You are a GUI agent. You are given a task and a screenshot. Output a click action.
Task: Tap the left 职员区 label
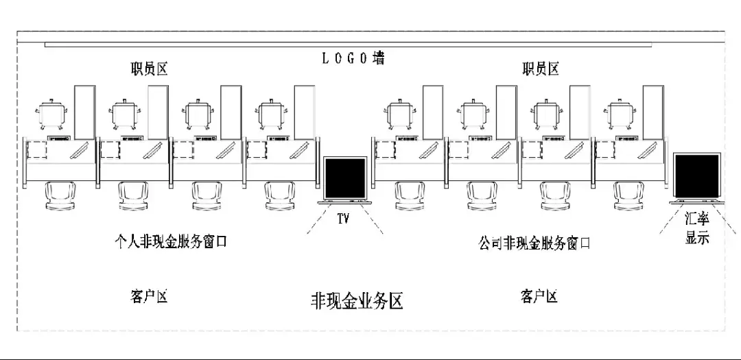(x=150, y=69)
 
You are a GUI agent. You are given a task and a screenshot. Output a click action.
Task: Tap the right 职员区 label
(x=540, y=69)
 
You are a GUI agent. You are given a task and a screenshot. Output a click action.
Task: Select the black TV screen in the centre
(x=345, y=179)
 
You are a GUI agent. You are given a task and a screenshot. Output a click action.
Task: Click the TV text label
(x=343, y=219)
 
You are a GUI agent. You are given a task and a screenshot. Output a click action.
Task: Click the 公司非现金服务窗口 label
(x=534, y=243)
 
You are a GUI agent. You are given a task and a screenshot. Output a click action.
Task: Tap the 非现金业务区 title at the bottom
(x=356, y=301)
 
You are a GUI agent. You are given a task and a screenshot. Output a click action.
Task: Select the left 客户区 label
(x=148, y=296)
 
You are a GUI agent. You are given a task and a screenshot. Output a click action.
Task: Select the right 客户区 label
(x=539, y=296)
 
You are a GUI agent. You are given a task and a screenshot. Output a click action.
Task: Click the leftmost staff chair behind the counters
(x=51, y=114)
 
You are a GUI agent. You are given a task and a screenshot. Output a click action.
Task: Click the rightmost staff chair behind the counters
(x=620, y=114)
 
